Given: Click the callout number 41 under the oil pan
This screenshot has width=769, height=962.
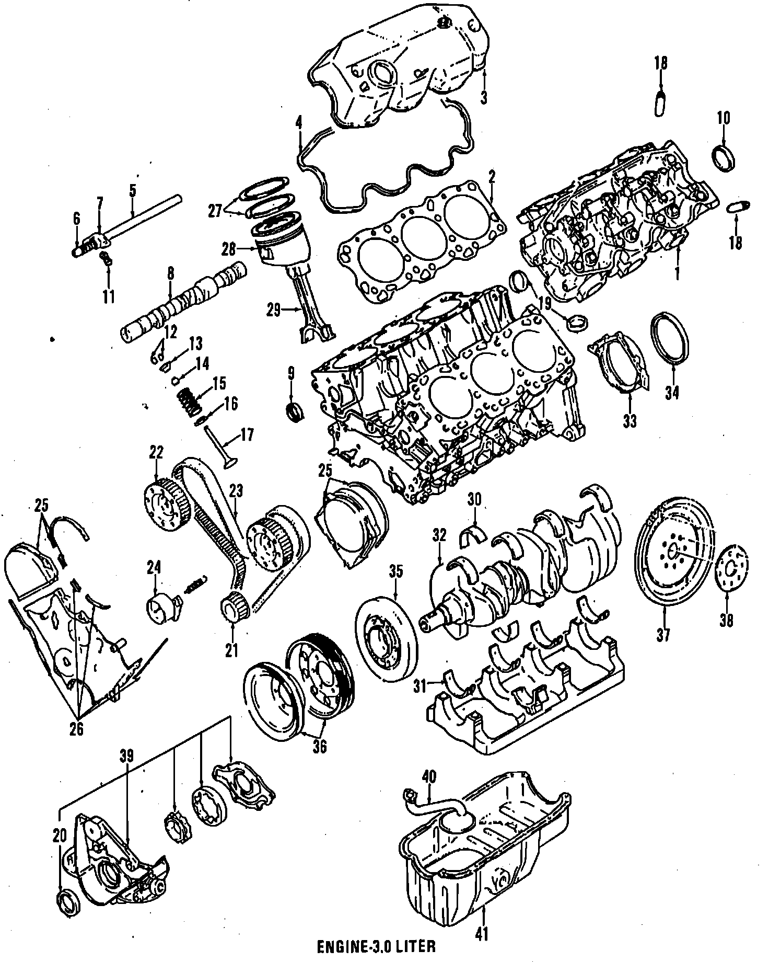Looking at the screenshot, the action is click(482, 934).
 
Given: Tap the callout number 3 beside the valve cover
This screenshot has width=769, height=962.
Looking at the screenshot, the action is click(484, 97).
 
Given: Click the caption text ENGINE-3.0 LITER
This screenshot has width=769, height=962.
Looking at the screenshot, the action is click(376, 946).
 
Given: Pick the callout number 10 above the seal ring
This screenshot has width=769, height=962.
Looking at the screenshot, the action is click(723, 118).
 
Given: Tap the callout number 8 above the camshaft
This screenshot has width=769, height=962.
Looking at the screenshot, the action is click(170, 273).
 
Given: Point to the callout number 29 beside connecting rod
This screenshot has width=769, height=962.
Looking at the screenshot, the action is click(273, 311).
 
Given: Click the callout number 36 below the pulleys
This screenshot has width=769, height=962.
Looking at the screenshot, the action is click(319, 747).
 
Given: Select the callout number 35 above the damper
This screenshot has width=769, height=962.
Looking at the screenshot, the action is click(395, 572).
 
